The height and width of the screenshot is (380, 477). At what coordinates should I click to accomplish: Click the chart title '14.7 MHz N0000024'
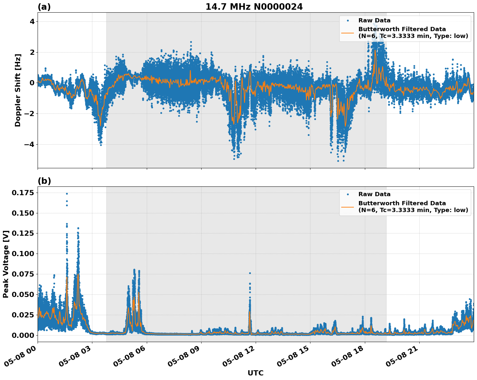pyautogui.click(x=254, y=7)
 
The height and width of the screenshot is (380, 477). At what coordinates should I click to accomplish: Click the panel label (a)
pyautogui.click(x=44, y=7)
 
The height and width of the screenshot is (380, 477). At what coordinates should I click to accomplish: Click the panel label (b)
pyautogui.click(x=44, y=181)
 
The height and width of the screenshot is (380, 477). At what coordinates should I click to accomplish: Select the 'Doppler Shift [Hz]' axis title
pyautogui.click(x=18, y=90)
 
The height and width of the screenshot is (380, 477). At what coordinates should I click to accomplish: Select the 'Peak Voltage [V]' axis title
pyautogui.click(x=6, y=264)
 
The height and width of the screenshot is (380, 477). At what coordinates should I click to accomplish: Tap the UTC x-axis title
pyautogui.click(x=255, y=373)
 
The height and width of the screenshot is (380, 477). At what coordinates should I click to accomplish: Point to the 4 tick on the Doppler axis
pyautogui.click(x=33, y=22)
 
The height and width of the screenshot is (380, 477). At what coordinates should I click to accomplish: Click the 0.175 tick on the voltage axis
pyautogui.click(x=23, y=193)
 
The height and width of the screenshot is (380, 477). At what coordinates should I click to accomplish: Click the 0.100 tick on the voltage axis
pyautogui.click(x=23, y=254)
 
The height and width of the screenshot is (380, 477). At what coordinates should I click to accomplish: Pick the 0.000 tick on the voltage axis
pyautogui.click(x=23, y=335)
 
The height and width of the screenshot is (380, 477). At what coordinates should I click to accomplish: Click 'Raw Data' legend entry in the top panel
pyautogui.click(x=374, y=20)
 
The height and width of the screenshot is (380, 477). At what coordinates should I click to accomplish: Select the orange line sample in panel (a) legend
pyautogui.click(x=348, y=32)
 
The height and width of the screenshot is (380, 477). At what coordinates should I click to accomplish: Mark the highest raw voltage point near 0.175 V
pyautogui.click(x=67, y=194)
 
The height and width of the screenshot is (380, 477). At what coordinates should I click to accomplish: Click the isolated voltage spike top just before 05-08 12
pyautogui.click(x=250, y=273)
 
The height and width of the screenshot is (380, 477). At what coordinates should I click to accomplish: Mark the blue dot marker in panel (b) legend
pyautogui.click(x=348, y=194)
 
